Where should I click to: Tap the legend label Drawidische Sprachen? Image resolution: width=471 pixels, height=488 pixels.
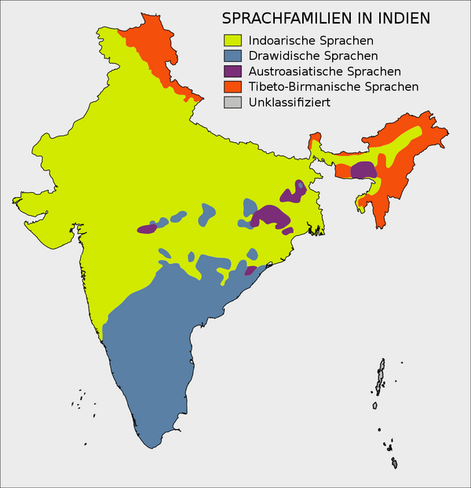[x=312, y=56]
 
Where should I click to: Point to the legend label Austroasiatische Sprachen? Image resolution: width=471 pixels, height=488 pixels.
[x=324, y=71]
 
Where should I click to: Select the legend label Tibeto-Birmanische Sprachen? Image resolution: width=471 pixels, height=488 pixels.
[x=333, y=87]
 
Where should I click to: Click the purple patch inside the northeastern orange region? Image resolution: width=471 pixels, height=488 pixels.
[x=363, y=169]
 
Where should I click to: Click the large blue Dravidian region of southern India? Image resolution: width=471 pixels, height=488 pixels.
[x=153, y=353]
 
